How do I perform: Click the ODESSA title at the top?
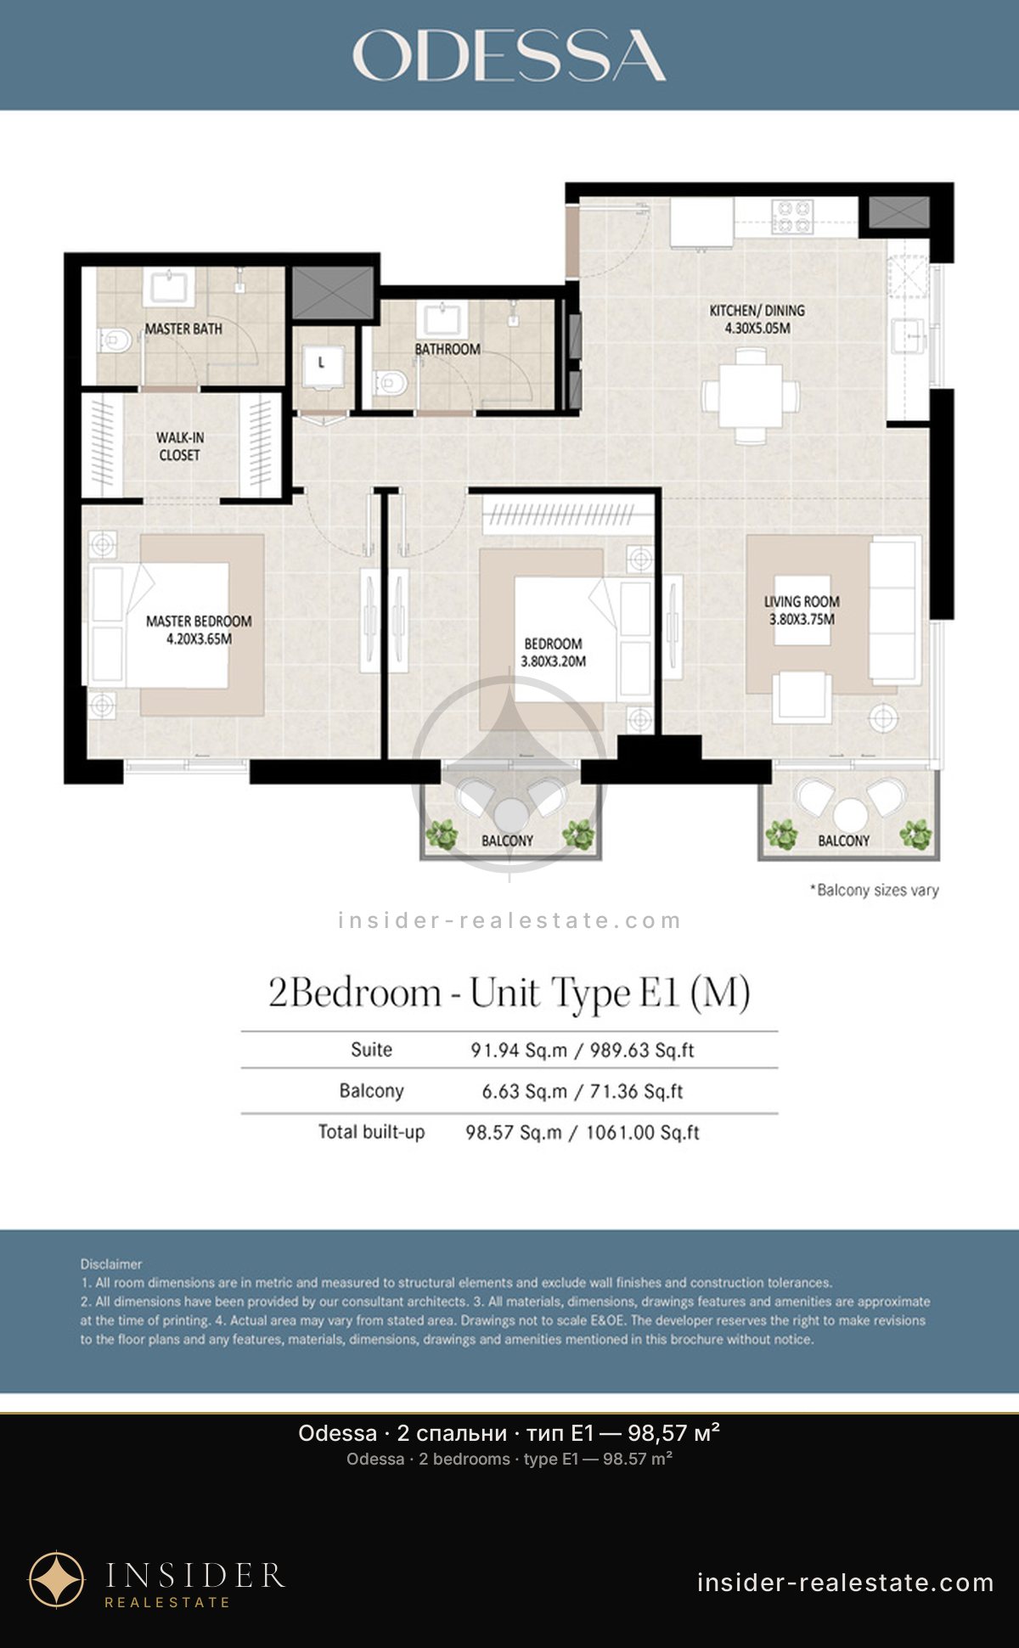509,55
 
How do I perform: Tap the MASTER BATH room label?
183,329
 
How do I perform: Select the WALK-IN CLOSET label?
179,447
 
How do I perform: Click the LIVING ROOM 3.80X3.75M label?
802,610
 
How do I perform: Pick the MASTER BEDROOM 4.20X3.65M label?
199,630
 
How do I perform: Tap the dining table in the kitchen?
751,396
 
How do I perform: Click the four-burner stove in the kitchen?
792,216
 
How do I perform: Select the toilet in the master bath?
115,341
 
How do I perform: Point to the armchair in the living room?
802,696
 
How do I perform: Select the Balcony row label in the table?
371,1091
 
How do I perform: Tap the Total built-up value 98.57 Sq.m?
514,1133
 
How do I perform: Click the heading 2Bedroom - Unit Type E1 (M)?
509,993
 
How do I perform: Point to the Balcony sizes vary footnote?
874,890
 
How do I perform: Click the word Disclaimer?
111,1264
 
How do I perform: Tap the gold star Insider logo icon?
57,1579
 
